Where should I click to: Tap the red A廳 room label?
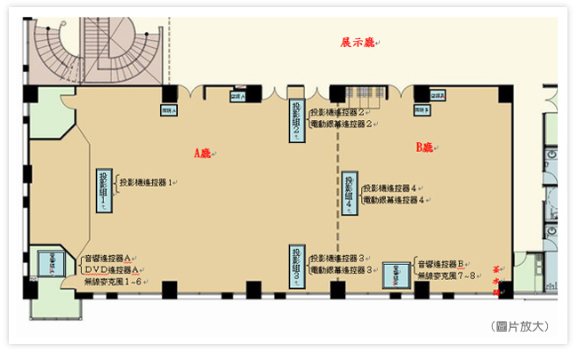tap(203, 153)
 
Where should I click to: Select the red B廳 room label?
tap(424, 147)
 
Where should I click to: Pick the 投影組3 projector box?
tap(297, 266)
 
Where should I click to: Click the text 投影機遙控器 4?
tap(396, 188)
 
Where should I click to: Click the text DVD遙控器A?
tap(109, 269)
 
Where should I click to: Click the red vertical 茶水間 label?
tap(497, 275)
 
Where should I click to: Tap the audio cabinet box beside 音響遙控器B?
tap(396, 275)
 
